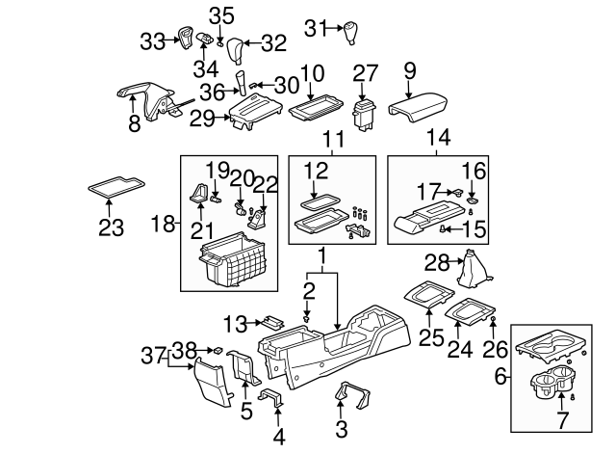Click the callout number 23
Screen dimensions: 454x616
click(112, 227)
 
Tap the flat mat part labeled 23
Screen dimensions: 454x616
click(117, 185)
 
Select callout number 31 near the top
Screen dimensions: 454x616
click(317, 28)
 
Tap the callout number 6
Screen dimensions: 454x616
click(500, 378)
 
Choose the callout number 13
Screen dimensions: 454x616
click(238, 322)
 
